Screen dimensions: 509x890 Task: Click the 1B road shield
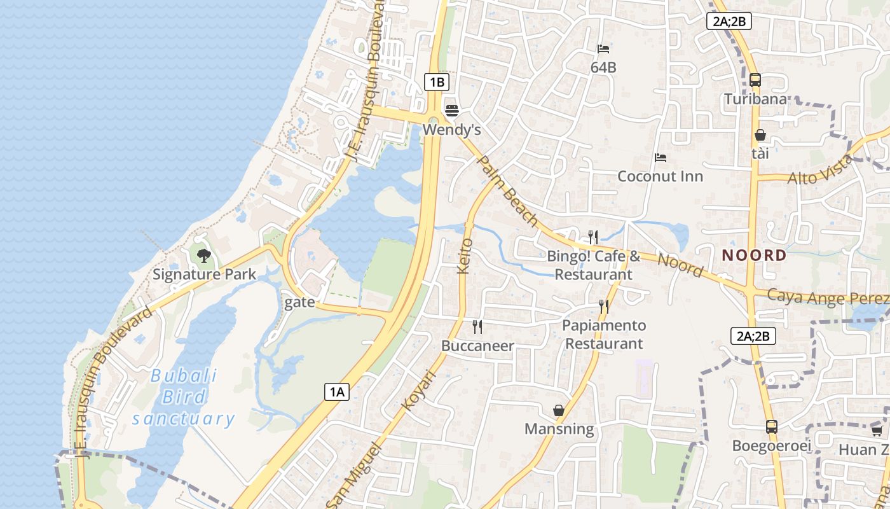pos(437,81)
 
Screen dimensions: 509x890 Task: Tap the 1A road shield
pos(337,392)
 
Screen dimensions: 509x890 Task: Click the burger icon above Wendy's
pos(452,111)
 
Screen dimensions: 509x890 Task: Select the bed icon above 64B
pos(603,48)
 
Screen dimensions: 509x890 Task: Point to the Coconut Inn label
pos(661,176)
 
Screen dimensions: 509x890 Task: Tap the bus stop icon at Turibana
pos(755,80)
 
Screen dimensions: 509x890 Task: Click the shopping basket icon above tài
pos(760,135)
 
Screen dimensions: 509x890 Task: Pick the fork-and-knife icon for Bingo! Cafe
pos(593,237)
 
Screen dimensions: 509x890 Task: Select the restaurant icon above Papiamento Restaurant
pos(603,307)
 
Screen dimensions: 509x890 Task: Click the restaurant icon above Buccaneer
pos(477,327)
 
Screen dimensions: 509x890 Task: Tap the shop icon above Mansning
pos(559,410)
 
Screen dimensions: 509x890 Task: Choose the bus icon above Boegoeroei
pos(772,427)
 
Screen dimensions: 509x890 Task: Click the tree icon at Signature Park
pos(204,256)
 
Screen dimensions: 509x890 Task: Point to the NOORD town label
pos(754,256)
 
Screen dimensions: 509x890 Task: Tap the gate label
pos(299,302)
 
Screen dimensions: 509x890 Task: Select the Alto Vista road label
pos(820,170)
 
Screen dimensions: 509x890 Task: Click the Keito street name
pos(465,256)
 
